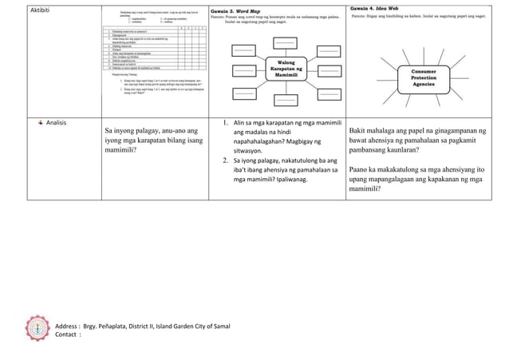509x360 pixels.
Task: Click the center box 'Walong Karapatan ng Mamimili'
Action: (x=284, y=71)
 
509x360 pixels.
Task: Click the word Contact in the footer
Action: (x=69, y=335)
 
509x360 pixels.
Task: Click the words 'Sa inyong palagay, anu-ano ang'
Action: (x=152, y=129)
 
